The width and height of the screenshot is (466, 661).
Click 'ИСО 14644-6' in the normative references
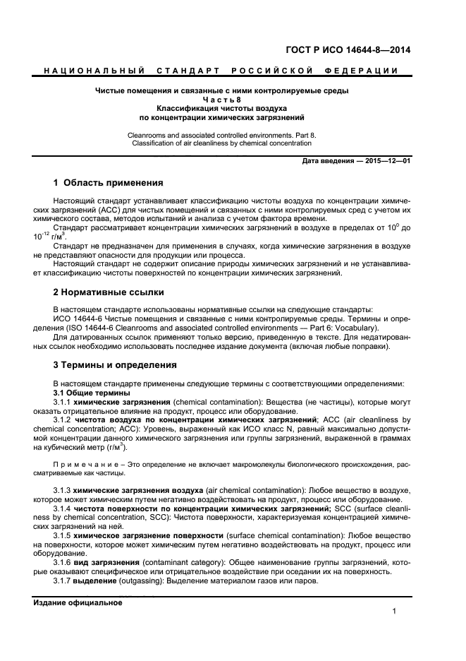pyautogui.click(x=78, y=318)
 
